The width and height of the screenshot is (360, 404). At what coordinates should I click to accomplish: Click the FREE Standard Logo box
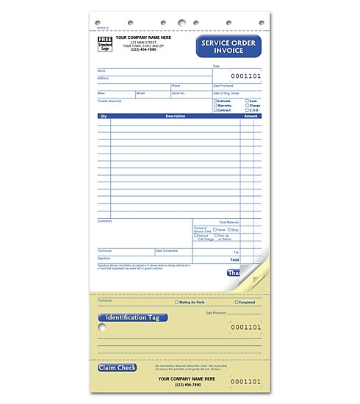(106, 44)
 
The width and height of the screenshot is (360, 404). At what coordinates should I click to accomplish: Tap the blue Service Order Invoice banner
(228, 48)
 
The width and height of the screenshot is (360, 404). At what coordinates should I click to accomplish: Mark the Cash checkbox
(247, 101)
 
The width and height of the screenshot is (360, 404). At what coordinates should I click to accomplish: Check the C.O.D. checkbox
(247, 109)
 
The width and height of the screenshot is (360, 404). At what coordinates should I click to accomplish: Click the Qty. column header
(104, 116)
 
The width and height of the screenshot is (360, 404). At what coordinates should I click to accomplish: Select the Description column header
(175, 116)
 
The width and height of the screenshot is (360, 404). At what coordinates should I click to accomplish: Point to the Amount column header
(251, 116)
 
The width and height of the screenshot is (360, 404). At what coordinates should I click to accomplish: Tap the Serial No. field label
(179, 93)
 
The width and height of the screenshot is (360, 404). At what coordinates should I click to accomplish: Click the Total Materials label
(228, 221)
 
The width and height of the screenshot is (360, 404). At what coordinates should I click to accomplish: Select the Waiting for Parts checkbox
(176, 302)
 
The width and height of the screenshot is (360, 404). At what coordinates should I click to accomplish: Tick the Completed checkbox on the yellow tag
(237, 302)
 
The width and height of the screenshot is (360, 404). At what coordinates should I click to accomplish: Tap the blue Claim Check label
(117, 367)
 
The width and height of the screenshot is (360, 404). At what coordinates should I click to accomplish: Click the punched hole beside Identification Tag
(101, 326)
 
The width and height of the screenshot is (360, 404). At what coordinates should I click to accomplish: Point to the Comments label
(104, 220)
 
